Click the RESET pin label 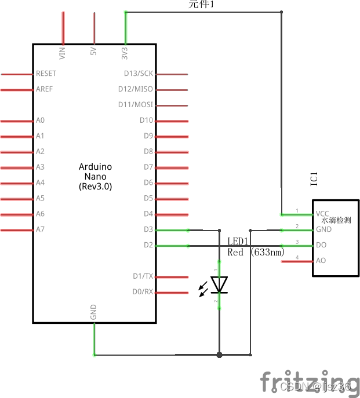pyautogui.click(x=46, y=74)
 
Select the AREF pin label pyautogui.click(x=44, y=90)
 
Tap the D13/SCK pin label pyautogui.click(x=139, y=74)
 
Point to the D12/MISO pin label pyautogui.click(x=136, y=90)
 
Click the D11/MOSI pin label pyautogui.click(x=136, y=105)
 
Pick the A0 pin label pyautogui.click(x=40, y=121)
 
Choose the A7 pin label pyautogui.click(x=40, y=230)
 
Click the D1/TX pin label pyautogui.click(x=142, y=276)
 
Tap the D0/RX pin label pyautogui.click(x=142, y=292)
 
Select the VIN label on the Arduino pyautogui.click(x=63, y=53)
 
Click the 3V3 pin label pyautogui.click(x=125, y=53)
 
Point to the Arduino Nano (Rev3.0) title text pyautogui.click(x=95, y=177)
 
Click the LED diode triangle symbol pyautogui.click(x=219, y=284)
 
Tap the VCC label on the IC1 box pyautogui.click(x=323, y=214)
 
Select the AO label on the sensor pyautogui.click(x=321, y=261)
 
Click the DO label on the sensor pyautogui.click(x=321, y=245)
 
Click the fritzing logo pyautogui.click(x=309, y=382)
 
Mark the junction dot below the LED pyautogui.click(x=219, y=355)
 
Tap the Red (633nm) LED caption pyautogui.click(x=256, y=253)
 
